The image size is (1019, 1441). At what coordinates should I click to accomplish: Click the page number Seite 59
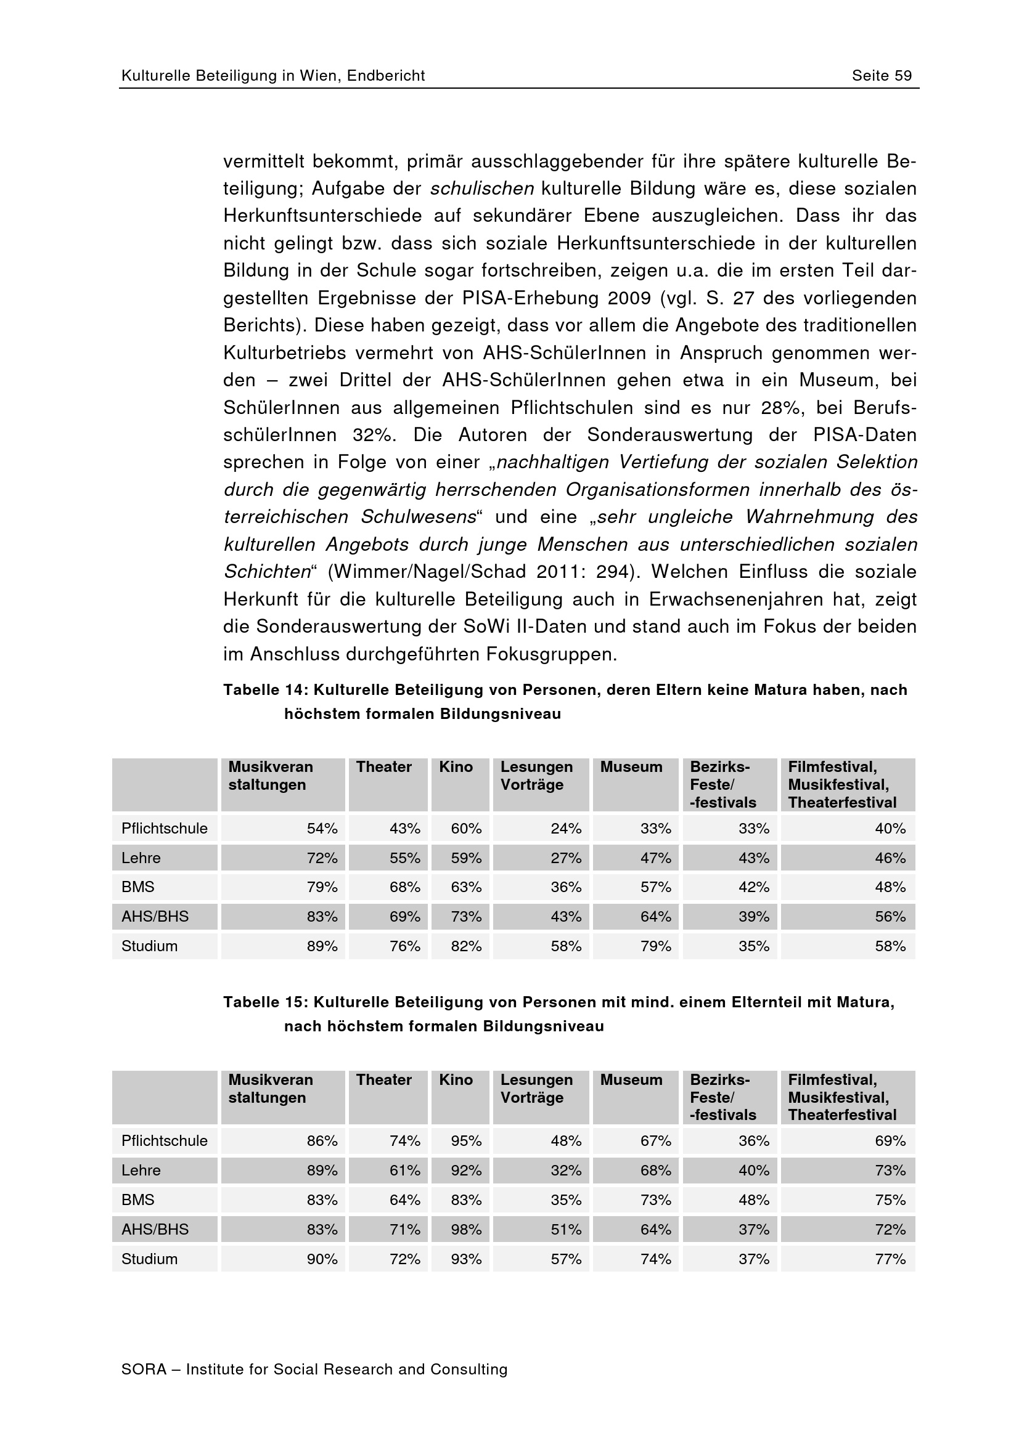pyautogui.click(x=882, y=76)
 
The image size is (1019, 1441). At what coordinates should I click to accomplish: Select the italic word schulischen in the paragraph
pyautogui.click(x=481, y=189)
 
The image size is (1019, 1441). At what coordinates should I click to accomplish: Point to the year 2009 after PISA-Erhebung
pyautogui.click(x=629, y=298)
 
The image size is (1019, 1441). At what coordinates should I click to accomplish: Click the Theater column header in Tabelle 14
pyautogui.click(x=383, y=767)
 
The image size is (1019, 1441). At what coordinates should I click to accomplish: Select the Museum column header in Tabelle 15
pyautogui.click(x=631, y=1079)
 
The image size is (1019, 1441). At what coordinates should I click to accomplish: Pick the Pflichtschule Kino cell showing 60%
pyautogui.click(x=466, y=829)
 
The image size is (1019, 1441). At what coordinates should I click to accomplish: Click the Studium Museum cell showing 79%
pyautogui.click(x=655, y=946)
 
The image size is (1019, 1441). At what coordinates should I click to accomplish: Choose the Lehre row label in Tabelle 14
pyautogui.click(x=141, y=858)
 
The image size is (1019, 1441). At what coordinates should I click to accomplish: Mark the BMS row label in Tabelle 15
pyautogui.click(x=138, y=1199)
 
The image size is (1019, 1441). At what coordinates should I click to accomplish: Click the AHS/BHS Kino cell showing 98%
pyautogui.click(x=466, y=1229)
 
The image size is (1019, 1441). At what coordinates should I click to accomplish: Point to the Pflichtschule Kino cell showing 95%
pyautogui.click(x=466, y=1140)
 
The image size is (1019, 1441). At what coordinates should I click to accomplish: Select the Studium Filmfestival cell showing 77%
pyautogui.click(x=890, y=1259)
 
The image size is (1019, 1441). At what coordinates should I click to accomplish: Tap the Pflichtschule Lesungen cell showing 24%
pyautogui.click(x=566, y=829)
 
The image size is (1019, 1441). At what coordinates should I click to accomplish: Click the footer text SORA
pyautogui.click(x=144, y=1369)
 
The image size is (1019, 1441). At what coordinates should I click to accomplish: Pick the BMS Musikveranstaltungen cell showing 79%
pyautogui.click(x=322, y=887)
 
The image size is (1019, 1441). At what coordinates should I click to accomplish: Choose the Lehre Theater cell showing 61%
pyautogui.click(x=404, y=1170)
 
